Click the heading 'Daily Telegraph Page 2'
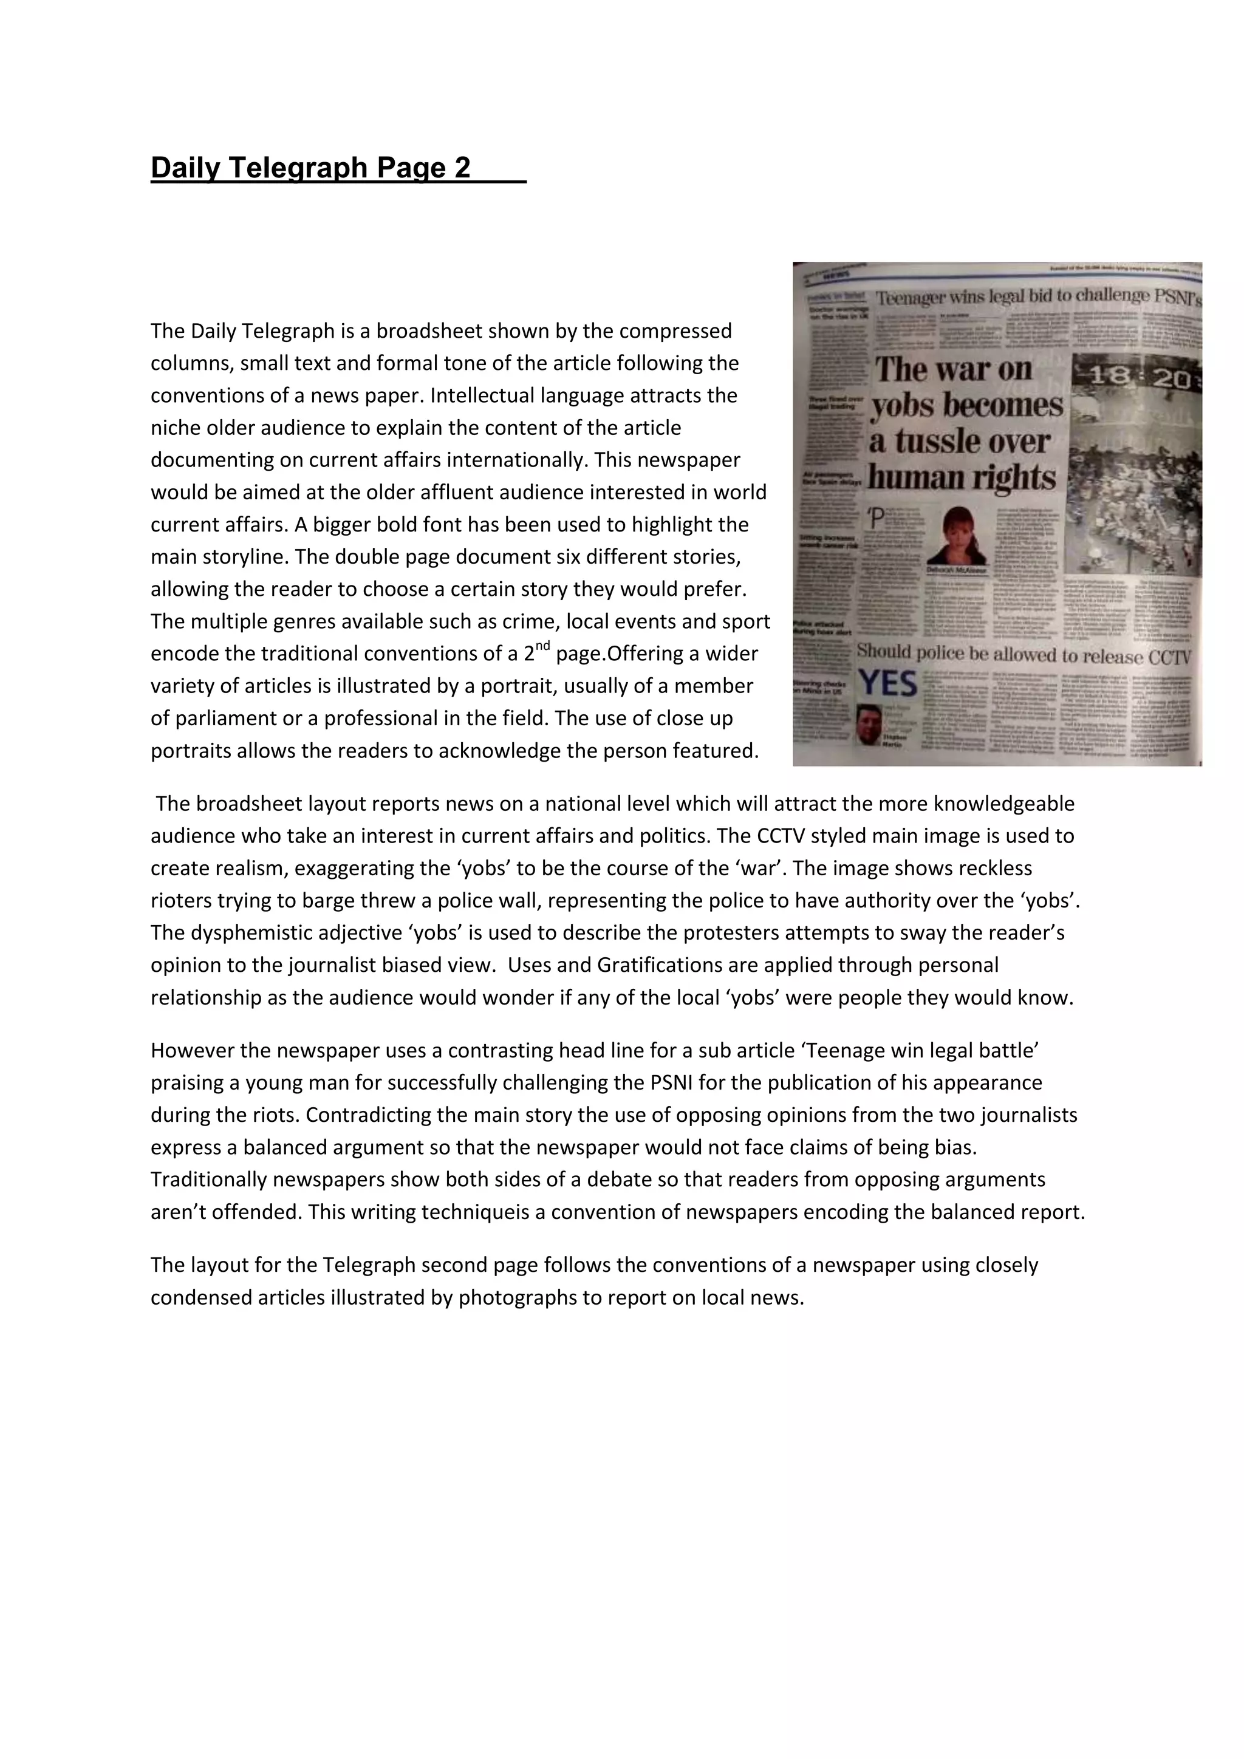310,168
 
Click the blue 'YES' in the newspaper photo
888,682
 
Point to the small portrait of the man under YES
869,724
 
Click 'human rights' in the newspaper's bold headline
963,478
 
